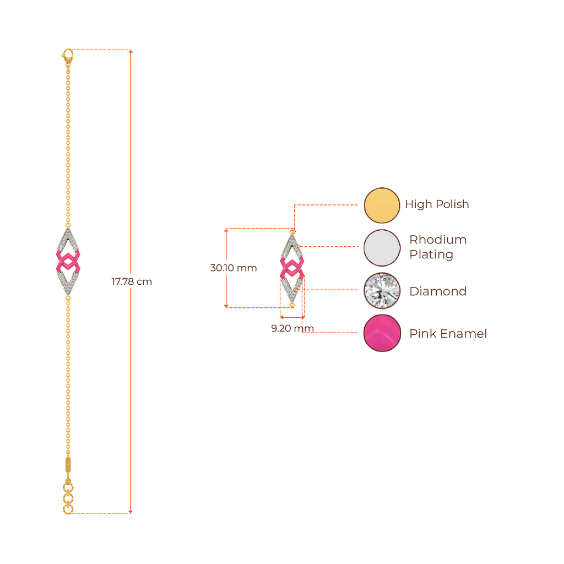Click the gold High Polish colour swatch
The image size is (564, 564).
381,205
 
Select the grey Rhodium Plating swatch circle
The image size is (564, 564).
381,248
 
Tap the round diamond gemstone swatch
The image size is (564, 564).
381,290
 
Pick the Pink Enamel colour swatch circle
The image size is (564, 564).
381,333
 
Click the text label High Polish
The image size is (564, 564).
437,204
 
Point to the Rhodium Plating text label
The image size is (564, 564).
438,247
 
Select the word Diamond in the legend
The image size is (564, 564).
438,291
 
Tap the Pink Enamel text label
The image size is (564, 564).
448,334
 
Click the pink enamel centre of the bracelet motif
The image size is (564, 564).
68,261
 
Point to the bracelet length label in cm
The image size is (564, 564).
132,282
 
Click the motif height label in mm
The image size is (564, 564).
234,268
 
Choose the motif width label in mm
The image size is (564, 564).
292,328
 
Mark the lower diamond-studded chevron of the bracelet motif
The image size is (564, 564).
68,284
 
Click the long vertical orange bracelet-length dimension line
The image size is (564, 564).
131,165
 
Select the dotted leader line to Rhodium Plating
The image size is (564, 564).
330,247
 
